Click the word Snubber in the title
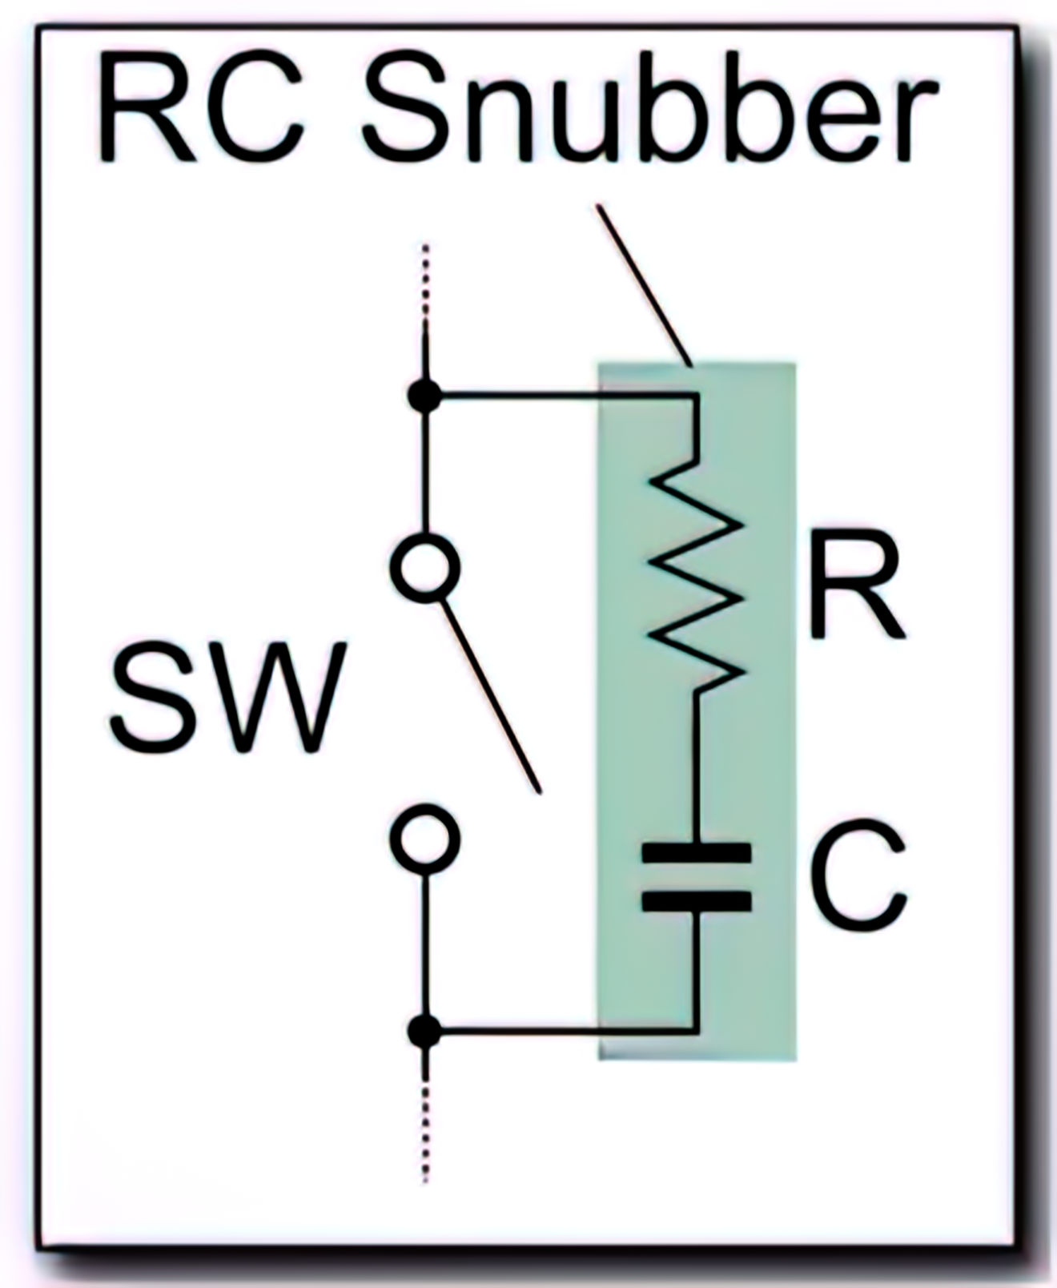point(649,108)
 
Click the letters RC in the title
point(200,108)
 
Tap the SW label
point(228,697)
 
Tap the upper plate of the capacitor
point(697,852)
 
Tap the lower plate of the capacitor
point(697,902)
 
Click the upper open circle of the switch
point(425,567)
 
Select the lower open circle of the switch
point(425,839)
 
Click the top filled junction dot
point(424,396)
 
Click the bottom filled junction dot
point(424,1031)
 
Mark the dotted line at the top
point(425,280)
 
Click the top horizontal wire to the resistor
point(561,395)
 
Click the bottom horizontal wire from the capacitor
point(561,1031)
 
